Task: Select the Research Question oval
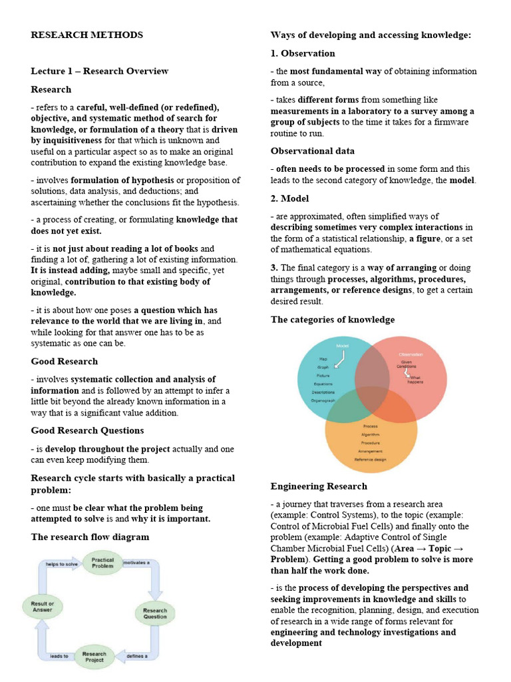click(x=155, y=613)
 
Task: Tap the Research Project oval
click(x=94, y=658)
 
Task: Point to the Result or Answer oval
click(x=42, y=607)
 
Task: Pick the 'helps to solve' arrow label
click(x=62, y=564)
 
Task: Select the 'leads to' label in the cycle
click(x=59, y=657)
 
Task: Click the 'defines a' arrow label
click(x=137, y=657)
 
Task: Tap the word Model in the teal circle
click(x=343, y=346)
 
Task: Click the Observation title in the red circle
click(x=410, y=354)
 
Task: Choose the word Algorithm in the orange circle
click(x=371, y=434)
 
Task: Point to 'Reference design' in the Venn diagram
click(x=371, y=459)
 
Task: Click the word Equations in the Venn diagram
click(x=324, y=384)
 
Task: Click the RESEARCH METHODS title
click(x=87, y=35)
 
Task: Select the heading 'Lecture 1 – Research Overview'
click(x=100, y=71)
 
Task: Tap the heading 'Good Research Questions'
click(x=87, y=430)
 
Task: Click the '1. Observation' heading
click(x=303, y=53)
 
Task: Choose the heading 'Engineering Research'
click(x=319, y=486)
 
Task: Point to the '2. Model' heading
click(x=289, y=198)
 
